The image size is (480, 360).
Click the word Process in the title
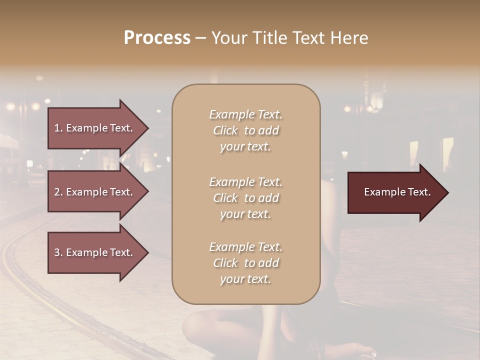(157, 38)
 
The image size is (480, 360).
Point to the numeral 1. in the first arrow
(58, 128)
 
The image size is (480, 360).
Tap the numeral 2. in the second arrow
(58, 192)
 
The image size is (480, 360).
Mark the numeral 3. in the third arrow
(58, 252)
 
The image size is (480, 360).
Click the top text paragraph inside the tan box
(245, 130)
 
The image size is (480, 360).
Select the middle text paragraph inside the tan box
(245, 198)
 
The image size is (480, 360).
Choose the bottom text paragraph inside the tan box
(245, 263)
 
